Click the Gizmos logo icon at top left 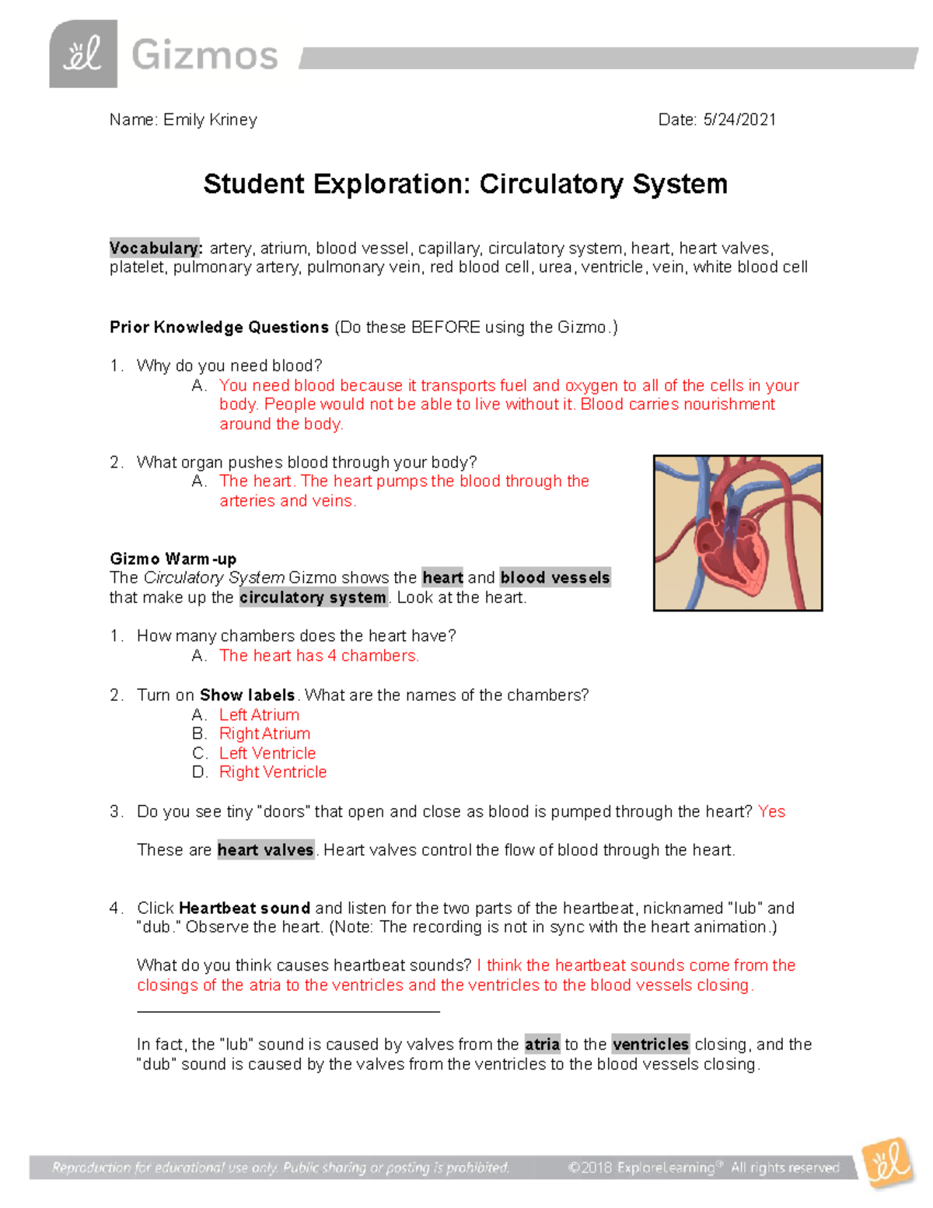(x=83, y=54)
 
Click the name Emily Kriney (x=210, y=120)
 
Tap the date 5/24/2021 (x=739, y=120)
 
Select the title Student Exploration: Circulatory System (x=465, y=184)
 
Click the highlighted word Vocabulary (x=155, y=248)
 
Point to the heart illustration (x=737, y=533)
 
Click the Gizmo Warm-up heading (x=173, y=558)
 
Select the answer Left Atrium (x=259, y=715)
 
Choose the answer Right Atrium (x=264, y=734)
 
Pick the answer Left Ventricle (x=267, y=753)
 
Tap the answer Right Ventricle (x=273, y=772)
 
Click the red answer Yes (x=771, y=811)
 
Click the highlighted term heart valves (x=265, y=850)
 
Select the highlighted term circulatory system (x=313, y=597)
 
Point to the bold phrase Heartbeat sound (x=244, y=908)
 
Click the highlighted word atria (x=542, y=1044)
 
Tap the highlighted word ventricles (x=650, y=1044)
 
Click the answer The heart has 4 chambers (x=319, y=656)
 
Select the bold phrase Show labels (x=247, y=695)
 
